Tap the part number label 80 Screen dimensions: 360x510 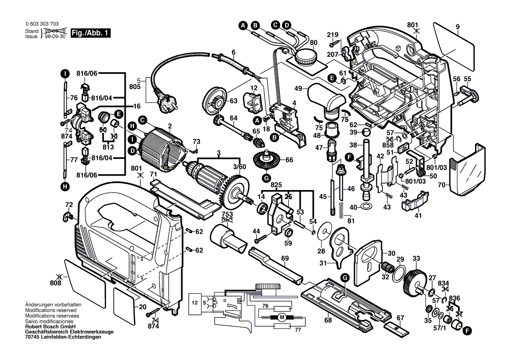(314, 43)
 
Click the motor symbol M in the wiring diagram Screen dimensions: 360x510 (283, 316)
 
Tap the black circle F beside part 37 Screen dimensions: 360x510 (468, 331)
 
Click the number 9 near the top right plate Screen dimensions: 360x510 (458, 27)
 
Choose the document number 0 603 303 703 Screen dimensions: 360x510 (42, 24)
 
